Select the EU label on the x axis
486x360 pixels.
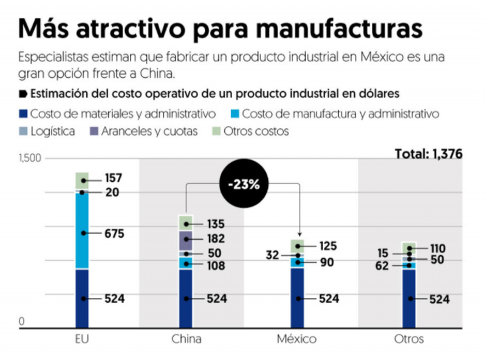pos(82,339)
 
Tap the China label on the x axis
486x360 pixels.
pos(186,339)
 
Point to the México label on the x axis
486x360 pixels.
pos(296,339)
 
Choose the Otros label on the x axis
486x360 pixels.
pos(408,339)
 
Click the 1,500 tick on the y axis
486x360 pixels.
pos(29,159)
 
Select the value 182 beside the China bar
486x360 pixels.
pos(216,239)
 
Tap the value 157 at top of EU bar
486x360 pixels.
pos(113,179)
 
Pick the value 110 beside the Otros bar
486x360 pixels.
pos(437,248)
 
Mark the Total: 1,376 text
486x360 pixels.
pos(428,154)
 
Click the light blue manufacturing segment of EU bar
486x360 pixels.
pos(82,231)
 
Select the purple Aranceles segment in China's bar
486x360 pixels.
pos(185,241)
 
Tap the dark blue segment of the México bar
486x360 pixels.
pos(296,298)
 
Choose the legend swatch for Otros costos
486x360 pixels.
pos(214,131)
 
